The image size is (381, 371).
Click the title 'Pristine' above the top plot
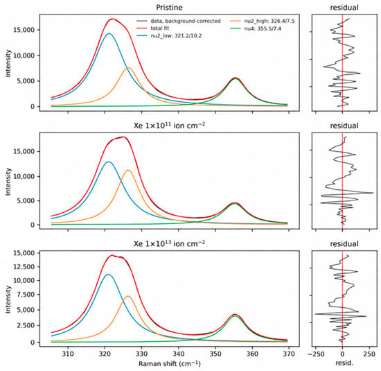pos(169,8)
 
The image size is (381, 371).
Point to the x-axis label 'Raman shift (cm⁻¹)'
pos(170,363)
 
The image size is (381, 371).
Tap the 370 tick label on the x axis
pos(289,354)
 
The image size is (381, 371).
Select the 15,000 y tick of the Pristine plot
pos(24,30)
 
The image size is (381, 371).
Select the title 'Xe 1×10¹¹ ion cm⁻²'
pos(169,126)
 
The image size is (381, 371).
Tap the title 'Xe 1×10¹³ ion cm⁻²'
pos(169,243)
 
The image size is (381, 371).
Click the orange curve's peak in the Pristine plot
pos(128,68)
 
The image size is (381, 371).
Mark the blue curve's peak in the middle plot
pos(108,162)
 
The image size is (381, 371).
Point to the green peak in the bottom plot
pos(234,316)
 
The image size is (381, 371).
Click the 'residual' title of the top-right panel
pos(344,8)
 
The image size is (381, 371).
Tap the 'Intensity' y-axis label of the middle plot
pos(8,182)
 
